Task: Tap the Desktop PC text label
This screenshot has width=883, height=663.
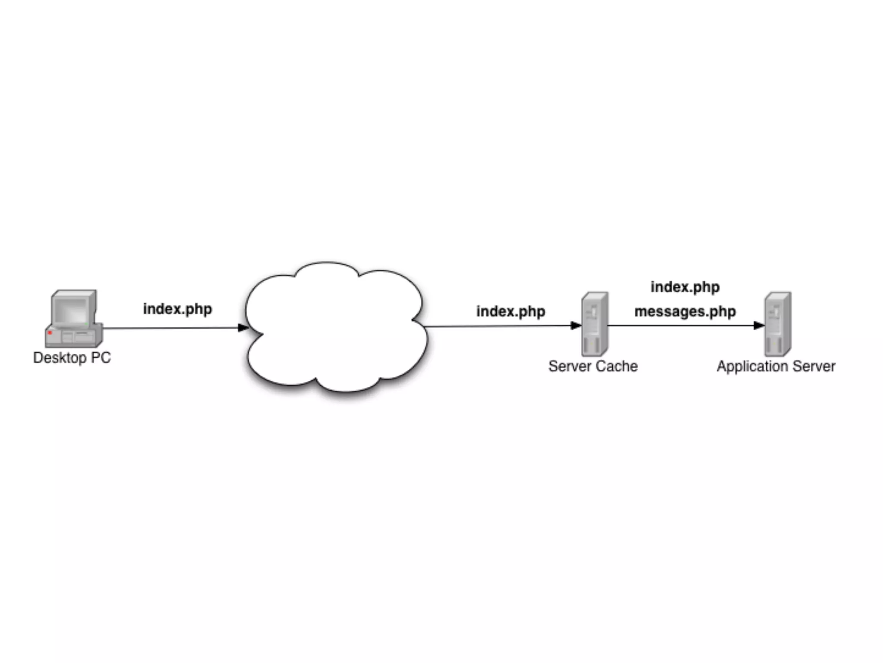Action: point(72,358)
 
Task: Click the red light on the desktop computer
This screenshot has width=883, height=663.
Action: point(50,333)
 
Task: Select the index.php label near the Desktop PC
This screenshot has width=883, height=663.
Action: point(177,309)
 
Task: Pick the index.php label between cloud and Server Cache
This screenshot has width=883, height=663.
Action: point(510,311)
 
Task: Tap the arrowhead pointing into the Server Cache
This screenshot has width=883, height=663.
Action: point(576,325)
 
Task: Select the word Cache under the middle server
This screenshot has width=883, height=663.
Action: point(617,366)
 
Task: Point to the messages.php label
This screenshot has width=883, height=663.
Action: point(685,311)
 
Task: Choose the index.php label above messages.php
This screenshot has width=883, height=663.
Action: point(685,287)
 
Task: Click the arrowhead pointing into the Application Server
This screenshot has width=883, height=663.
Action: point(759,325)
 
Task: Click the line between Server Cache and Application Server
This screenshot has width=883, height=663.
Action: point(681,325)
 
